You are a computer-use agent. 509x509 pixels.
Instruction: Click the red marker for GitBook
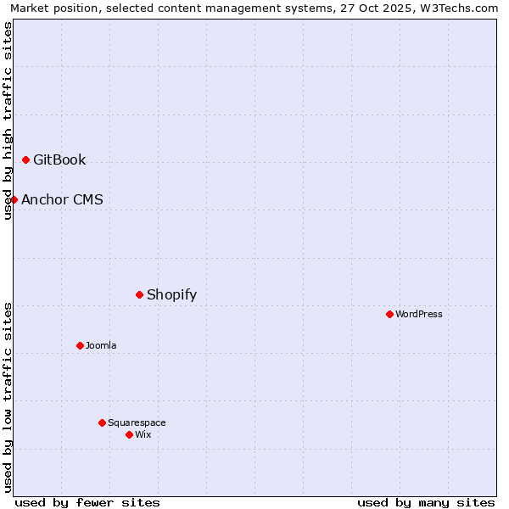click(x=25, y=159)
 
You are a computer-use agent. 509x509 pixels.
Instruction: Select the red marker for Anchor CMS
click(x=14, y=199)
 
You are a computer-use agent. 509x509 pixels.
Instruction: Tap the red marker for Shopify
click(x=139, y=294)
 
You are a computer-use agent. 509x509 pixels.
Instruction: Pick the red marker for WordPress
click(x=389, y=314)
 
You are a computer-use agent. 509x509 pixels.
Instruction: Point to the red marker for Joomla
click(x=80, y=345)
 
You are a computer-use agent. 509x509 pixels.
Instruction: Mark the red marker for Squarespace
click(x=102, y=422)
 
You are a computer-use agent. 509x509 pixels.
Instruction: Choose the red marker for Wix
click(x=129, y=434)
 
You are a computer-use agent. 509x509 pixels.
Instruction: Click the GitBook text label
click(x=59, y=159)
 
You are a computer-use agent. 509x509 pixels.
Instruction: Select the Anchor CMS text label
click(x=62, y=199)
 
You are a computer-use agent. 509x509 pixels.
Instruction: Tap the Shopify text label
click(x=171, y=294)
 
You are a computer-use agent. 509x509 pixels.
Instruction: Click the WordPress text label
click(x=419, y=314)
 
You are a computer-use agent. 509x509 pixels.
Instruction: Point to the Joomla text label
click(x=101, y=345)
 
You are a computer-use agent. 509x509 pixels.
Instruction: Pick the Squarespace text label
click(x=137, y=422)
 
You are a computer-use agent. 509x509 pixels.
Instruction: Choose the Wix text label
click(x=143, y=434)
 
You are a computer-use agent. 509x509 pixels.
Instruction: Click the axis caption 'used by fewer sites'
click(x=87, y=502)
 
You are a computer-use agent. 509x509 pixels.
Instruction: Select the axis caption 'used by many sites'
click(x=426, y=502)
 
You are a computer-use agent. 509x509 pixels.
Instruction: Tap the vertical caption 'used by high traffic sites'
click(x=8, y=120)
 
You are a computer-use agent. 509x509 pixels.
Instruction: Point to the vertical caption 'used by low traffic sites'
click(x=8, y=397)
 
